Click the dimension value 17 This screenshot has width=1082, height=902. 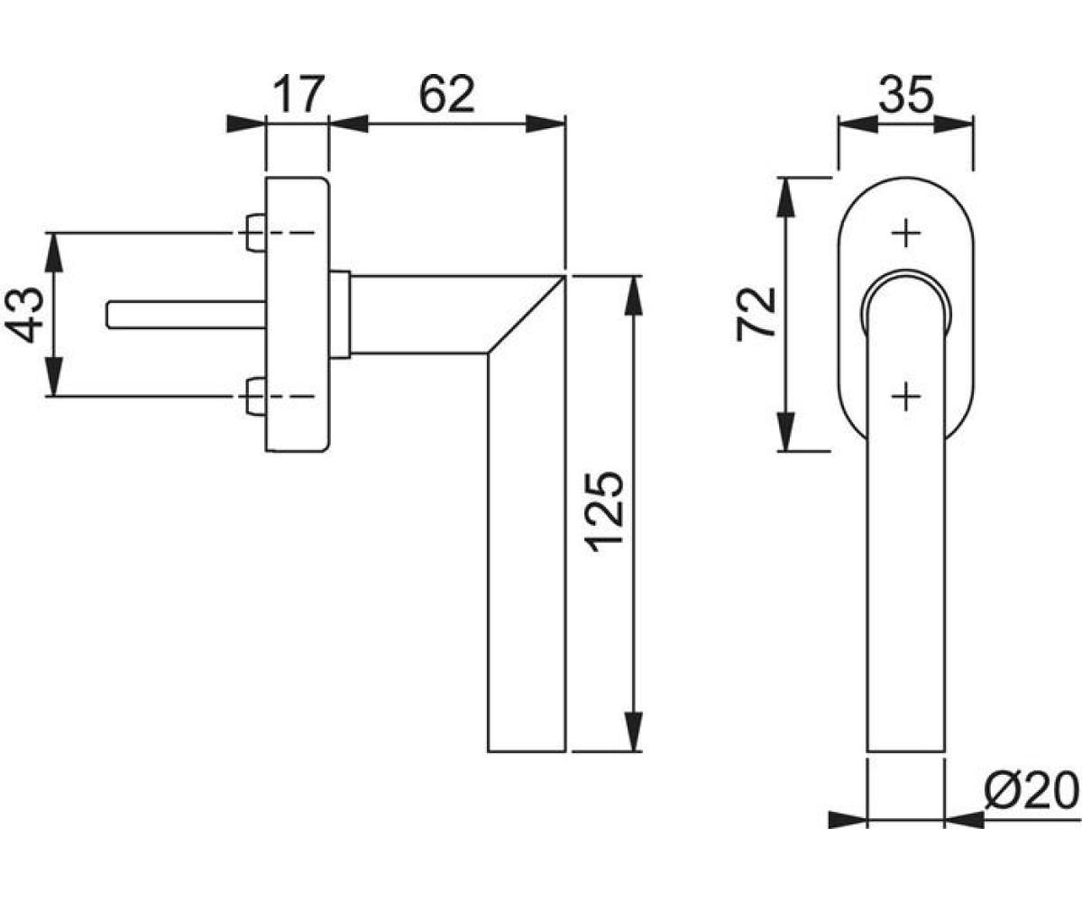tap(299, 94)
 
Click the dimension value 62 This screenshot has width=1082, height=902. tap(446, 94)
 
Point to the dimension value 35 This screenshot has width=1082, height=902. tap(906, 95)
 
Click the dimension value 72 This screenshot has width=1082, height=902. tap(756, 315)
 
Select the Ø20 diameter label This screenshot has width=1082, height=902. tap(1032, 791)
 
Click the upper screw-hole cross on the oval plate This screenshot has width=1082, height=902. tap(906, 234)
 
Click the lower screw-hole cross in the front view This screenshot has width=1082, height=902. tap(906, 397)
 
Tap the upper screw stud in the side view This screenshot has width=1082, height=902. tap(256, 233)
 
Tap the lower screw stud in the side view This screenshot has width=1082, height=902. tap(256, 397)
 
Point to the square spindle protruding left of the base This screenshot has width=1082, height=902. tap(186, 314)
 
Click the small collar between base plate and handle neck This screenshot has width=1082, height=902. tap(340, 315)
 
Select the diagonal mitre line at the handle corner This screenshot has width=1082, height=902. tap(526, 315)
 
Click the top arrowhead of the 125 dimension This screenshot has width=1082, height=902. tap(633, 296)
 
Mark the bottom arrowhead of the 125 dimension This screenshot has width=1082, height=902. tap(633, 732)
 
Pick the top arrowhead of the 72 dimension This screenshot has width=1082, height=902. tap(786, 197)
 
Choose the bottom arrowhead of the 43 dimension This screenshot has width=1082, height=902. tap(55, 377)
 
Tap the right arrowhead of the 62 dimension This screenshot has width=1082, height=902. tap(546, 124)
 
